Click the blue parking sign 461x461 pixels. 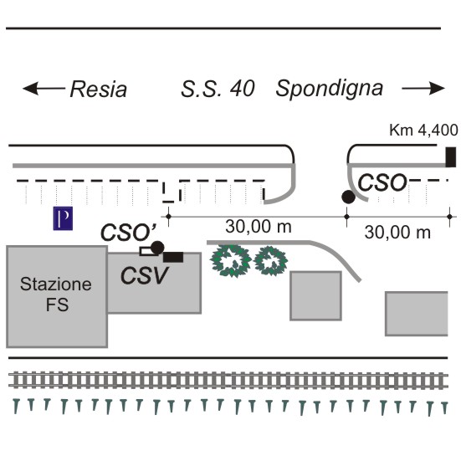(x=63, y=218)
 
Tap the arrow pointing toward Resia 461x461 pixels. (x=44, y=88)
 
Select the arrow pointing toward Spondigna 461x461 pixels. (x=423, y=88)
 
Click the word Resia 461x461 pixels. (x=99, y=89)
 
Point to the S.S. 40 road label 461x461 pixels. (x=218, y=89)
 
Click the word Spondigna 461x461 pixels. (x=330, y=89)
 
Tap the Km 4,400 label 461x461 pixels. (x=423, y=130)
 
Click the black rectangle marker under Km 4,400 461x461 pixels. (x=451, y=157)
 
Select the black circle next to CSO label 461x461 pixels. (x=348, y=197)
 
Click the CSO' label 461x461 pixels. (x=129, y=233)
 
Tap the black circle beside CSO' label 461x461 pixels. (x=157, y=248)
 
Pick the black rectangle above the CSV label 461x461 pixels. (x=173, y=257)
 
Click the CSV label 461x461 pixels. (x=145, y=275)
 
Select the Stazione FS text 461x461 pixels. (x=56, y=294)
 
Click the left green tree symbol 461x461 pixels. (x=231, y=261)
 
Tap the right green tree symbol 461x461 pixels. (x=271, y=261)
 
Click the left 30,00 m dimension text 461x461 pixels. (x=259, y=227)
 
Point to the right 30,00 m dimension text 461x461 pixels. (x=397, y=233)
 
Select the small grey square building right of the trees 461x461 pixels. (x=315, y=296)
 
